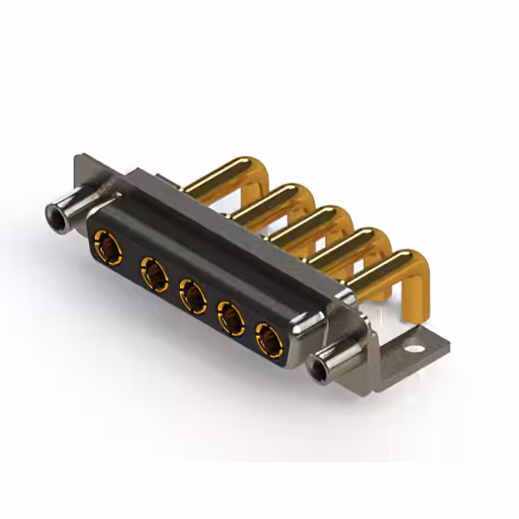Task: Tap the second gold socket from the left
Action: pos(152,272)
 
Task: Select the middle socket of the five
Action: pos(192,294)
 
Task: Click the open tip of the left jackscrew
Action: pos(55,217)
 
